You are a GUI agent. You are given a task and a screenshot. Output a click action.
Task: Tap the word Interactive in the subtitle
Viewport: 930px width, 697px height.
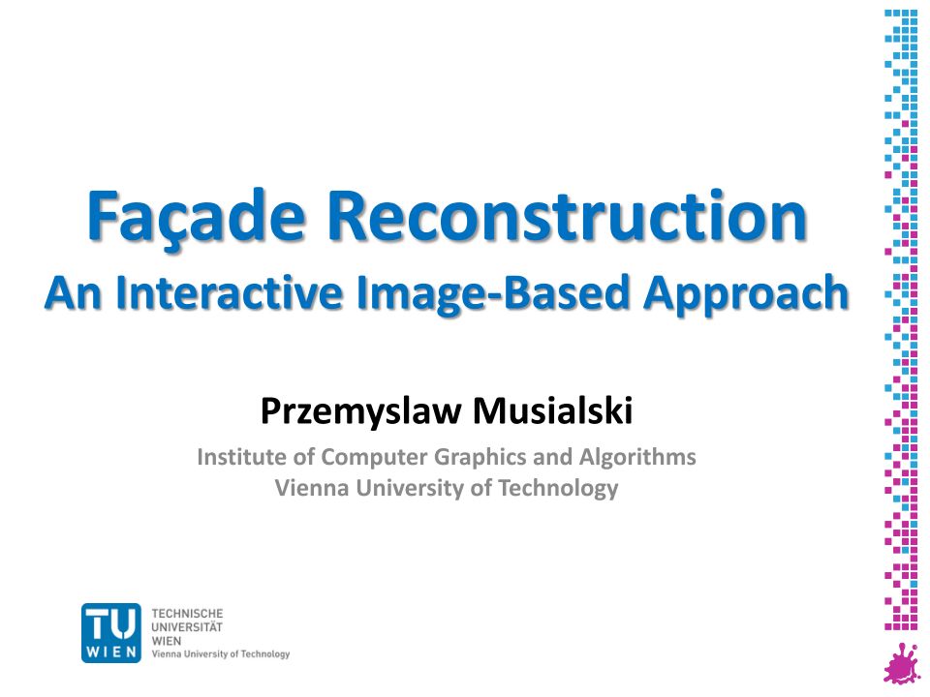point(231,292)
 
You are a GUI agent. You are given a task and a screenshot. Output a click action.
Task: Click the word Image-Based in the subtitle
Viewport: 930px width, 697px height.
point(492,294)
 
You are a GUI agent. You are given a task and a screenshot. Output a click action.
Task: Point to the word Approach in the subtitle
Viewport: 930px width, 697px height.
point(746,294)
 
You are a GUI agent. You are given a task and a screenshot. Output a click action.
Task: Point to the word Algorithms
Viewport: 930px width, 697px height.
point(637,457)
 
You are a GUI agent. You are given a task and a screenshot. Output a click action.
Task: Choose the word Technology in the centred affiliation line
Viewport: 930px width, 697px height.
point(558,489)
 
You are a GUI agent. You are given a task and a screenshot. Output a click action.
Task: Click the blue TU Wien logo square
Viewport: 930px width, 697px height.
point(111,632)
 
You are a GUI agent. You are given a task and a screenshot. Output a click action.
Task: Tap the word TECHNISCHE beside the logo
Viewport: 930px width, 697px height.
point(187,614)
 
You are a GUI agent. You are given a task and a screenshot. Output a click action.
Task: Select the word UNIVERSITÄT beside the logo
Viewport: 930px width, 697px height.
point(187,626)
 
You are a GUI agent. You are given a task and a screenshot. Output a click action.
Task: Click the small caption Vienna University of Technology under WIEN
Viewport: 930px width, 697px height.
point(221,654)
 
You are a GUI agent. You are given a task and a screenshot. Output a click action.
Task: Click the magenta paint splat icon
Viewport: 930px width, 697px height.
point(902,662)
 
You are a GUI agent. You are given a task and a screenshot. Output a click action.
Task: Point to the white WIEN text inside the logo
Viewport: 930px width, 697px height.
point(111,652)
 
